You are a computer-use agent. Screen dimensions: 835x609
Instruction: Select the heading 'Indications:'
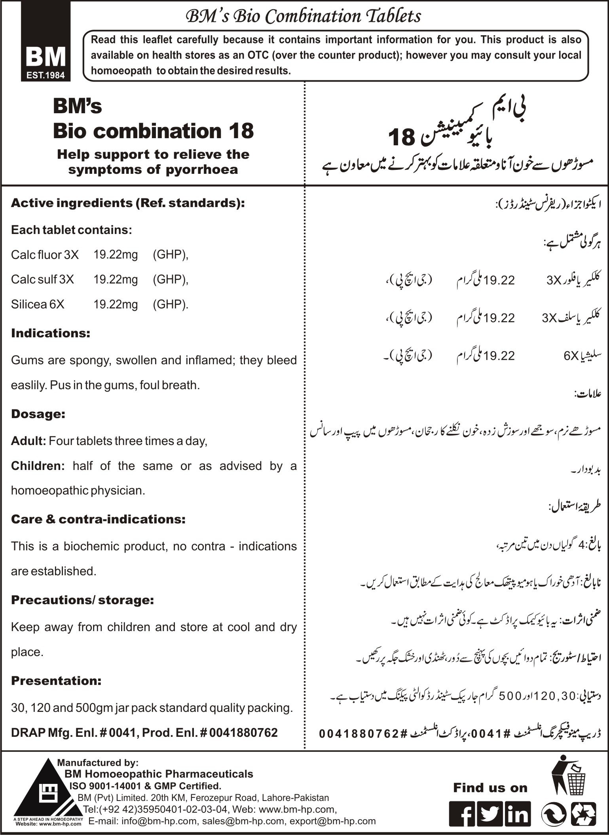click(x=51, y=333)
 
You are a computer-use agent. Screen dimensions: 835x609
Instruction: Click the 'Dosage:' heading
click(x=38, y=414)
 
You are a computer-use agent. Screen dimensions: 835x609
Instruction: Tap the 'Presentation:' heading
click(x=56, y=681)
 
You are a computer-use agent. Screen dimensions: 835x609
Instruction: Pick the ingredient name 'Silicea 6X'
click(x=38, y=304)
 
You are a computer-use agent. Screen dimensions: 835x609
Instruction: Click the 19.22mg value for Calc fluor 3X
click(x=116, y=255)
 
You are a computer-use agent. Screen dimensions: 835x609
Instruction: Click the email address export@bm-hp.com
click(x=332, y=821)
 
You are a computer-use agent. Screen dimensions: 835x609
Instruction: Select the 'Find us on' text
click(x=490, y=787)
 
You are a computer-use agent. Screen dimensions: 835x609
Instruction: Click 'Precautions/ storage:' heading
click(x=82, y=600)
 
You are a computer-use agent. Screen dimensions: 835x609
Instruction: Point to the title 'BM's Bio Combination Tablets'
click(x=304, y=16)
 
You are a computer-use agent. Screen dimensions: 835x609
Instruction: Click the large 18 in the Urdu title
click(x=401, y=137)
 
